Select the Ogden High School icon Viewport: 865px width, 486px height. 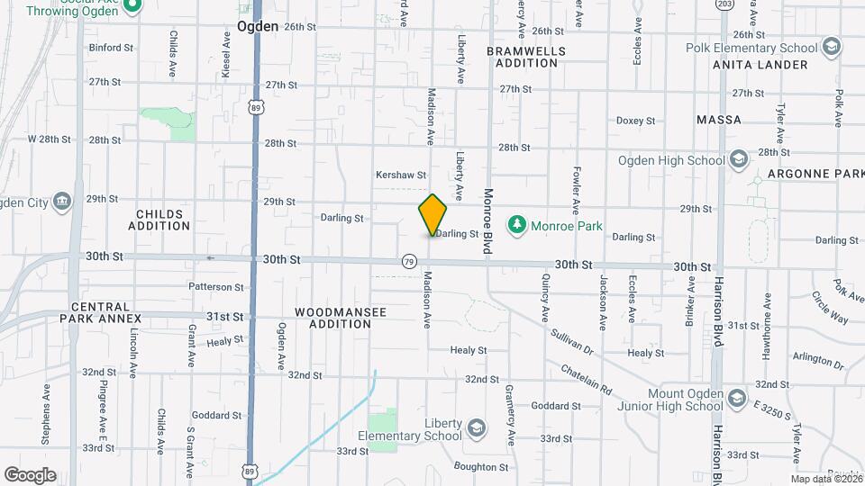click(x=739, y=160)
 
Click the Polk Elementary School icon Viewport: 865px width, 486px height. click(x=832, y=47)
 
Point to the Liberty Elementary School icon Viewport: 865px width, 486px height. click(x=477, y=427)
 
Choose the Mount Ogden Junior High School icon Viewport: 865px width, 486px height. click(x=737, y=397)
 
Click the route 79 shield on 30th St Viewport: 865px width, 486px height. click(x=410, y=261)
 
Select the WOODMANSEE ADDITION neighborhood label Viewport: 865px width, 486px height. click(x=341, y=318)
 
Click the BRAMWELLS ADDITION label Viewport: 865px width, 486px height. click(x=526, y=57)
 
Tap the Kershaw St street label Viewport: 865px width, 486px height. click(x=401, y=175)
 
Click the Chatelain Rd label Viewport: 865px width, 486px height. click(x=587, y=377)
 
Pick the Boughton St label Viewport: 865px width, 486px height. click(x=481, y=467)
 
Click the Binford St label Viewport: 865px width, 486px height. click(x=111, y=47)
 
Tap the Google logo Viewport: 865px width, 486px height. click(x=30, y=475)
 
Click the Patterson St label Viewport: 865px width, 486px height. click(x=216, y=287)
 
